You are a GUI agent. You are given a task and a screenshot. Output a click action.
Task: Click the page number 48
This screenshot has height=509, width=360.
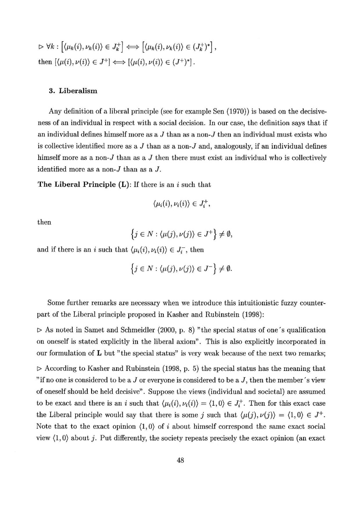[x=180, y=461]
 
